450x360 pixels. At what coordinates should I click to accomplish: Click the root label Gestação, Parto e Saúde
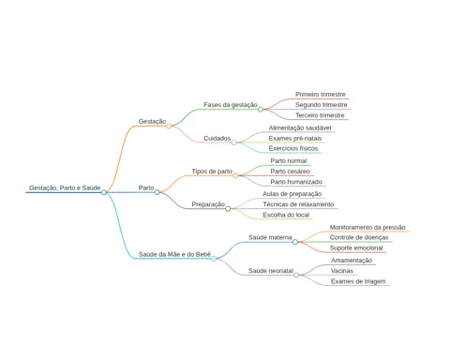pyautogui.click(x=65, y=187)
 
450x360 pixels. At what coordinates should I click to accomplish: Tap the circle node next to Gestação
pyautogui.click(x=169, y=126)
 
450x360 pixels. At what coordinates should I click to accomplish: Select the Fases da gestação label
pyautogui.click(x=231, y=105)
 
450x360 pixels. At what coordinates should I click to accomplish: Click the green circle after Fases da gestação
pyautogui.click(x=261, y=110)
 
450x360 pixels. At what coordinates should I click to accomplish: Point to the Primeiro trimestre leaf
pyautogui.click(x=321, y=94)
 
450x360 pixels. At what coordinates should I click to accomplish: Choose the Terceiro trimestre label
pyautogui.click(x=320, y=115)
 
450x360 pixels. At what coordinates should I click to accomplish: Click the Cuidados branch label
pyautogui.click(x=217, y=138)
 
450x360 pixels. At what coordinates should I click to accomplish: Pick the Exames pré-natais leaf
pyautogui.click(x=295, y=138)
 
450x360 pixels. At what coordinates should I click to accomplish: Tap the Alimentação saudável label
pyautogui.click(x=300, y=127)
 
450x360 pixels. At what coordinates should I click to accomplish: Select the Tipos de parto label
pyautogui.click(x=212, y=172)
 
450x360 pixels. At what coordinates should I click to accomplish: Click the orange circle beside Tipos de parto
pyautogui.click(x=235, y=175)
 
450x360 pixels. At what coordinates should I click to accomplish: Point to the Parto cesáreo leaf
pyautogui.click(x=290, y=172)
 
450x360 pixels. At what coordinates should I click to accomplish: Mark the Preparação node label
pyautogui.click(x=208, y=204)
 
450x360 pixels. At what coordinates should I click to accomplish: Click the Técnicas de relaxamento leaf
pyautogui.click(x=298, y=204)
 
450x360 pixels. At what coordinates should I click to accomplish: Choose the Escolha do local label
pyautogui.click(x=286, y=215)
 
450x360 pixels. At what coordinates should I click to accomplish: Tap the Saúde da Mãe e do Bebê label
pyautogui.click(x=174, y=254)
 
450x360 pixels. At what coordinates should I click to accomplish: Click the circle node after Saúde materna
pyautogui.click(x=295, y=242)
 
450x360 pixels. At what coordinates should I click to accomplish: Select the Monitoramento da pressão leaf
pyautogui.click(x=367, y=227)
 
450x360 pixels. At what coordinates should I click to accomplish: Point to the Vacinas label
pyautogui.click(x=342, y=271)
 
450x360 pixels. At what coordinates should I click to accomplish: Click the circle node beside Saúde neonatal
pyautogui.click(x=296, y=275)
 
